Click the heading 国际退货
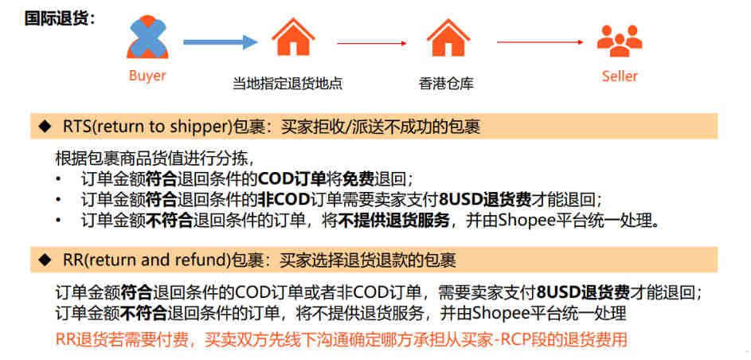[x=60, y=19]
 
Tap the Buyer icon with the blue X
[x=147, y=37]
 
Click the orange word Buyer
[x=147, y=76]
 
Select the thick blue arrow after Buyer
[x=221, y=42]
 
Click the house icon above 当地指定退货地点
[x=293, y=37]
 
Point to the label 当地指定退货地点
[x=287, y=84]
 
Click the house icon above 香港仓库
[x=448, y=37]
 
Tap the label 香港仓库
[x=447, y=84]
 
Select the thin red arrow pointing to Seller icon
[x=540, y=42]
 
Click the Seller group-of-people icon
[x=620, y=40]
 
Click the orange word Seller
[x=620, y=76]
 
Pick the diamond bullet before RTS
[x=45, y=127]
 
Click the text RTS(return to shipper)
[x=147, y=127]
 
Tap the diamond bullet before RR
[x=45, y=260]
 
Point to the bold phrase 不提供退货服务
[x=394, y=221]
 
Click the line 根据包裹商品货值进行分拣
[x=155, y=158]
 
